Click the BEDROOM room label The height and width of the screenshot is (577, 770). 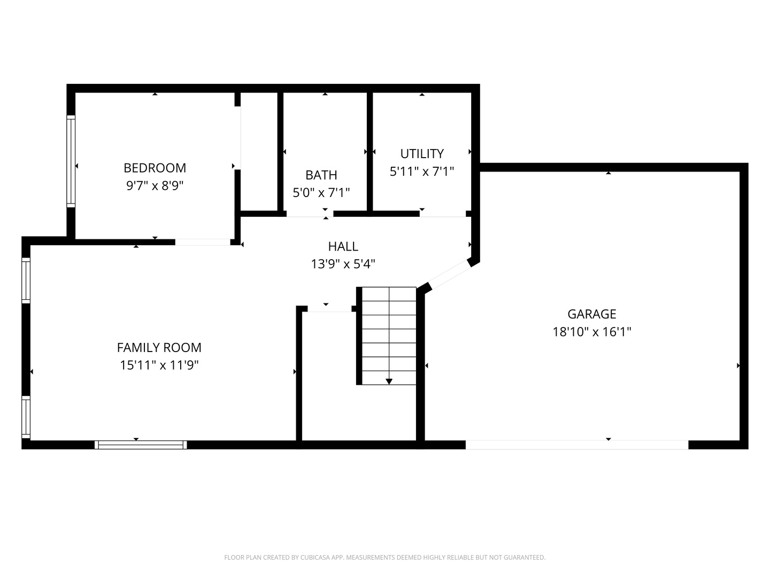point(155,168)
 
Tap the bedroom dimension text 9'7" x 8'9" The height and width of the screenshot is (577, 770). point(155,186)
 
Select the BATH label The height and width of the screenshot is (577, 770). point(321,175)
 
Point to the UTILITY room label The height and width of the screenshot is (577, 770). point(422,154)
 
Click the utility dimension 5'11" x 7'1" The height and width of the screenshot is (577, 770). point(422,171)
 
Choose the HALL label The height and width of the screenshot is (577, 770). point(343,246)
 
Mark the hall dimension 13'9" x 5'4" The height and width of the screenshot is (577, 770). point(343,264)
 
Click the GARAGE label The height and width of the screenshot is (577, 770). point(592,314)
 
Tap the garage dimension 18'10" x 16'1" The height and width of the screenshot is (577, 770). point(592,332)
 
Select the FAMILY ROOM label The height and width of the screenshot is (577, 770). point(159,347)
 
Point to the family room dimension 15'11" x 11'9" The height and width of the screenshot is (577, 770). point(159,365)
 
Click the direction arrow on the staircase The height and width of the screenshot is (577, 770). point(389,381)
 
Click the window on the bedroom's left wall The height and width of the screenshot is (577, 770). point(71,161)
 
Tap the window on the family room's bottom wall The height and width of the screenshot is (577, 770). point(141,445)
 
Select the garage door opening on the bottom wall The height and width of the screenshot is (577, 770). point(576,445)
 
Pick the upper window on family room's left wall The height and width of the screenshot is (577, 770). point(26,280)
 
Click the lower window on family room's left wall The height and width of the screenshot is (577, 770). point(26,417)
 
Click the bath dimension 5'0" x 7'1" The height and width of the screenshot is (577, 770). point(321,192)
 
